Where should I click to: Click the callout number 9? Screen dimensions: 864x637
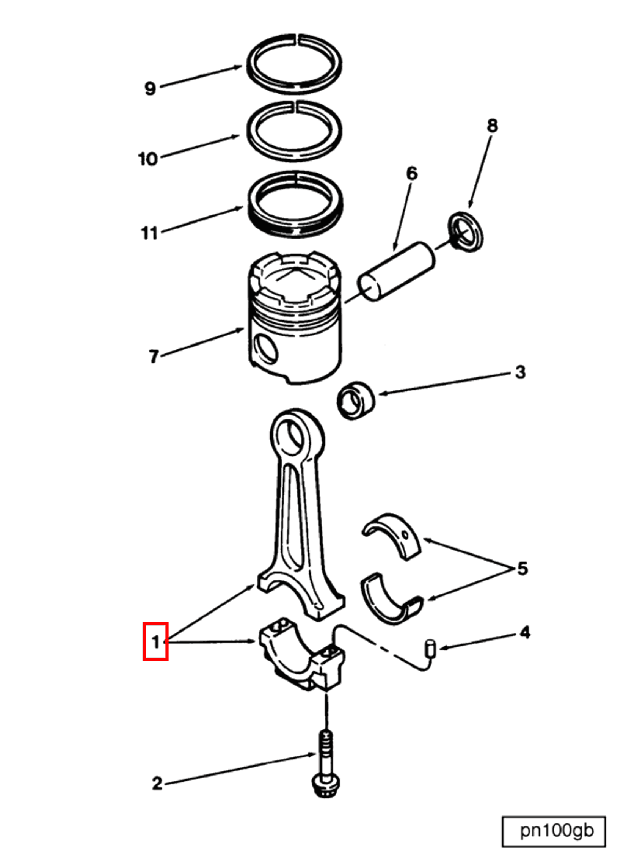(x=150, y=88)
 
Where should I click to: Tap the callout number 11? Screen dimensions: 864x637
(x=150, y=233)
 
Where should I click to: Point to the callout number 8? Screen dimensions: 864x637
(x=492, y=126)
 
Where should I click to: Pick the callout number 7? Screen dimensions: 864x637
(x=154, y=356)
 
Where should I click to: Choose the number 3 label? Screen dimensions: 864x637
(x=520, y=372)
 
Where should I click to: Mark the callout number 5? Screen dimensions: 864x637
(x=522, y=569)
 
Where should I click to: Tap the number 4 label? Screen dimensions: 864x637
(x=525, y=633)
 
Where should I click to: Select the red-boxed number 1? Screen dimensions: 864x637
(x=155, y=642)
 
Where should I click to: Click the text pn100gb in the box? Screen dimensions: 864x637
(x=557, y=831)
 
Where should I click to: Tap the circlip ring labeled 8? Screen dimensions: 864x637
(x=466, y=232)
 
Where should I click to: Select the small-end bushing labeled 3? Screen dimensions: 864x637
(x=356, y=401)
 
